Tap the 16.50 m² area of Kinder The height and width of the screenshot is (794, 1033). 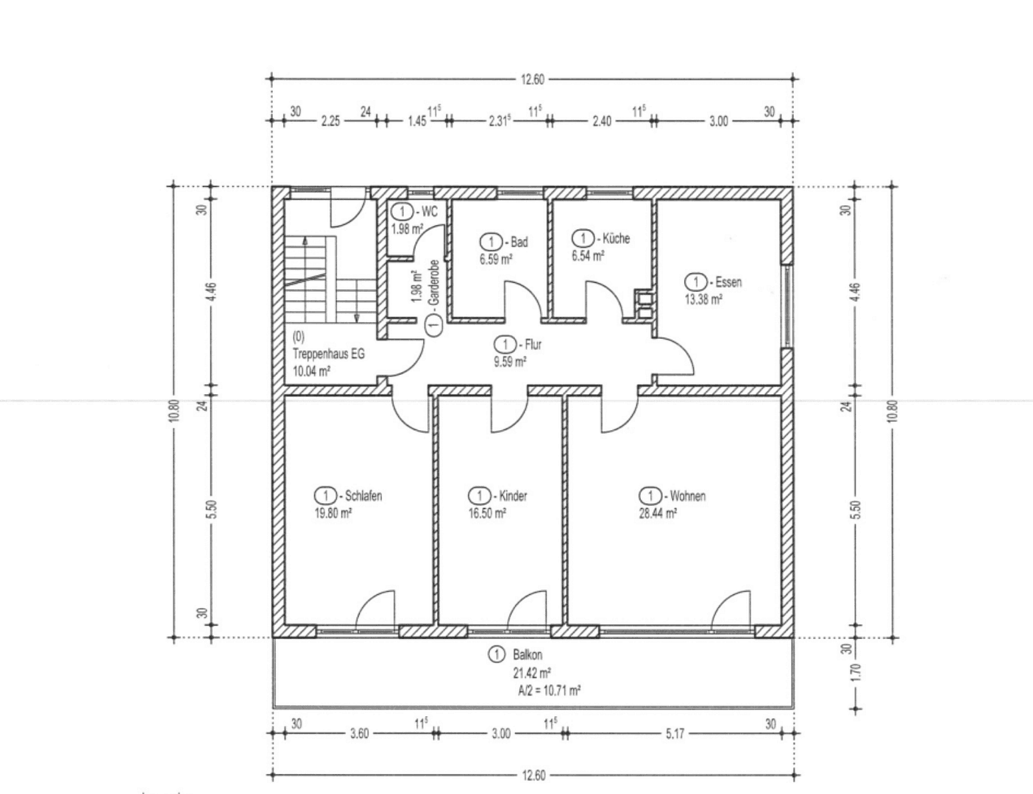tap(487, 514)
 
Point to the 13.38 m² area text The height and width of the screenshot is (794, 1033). tap(703, 299)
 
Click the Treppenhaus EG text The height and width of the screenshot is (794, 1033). tap(328, 354)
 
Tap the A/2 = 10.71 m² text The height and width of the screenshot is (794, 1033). tap(549, 690)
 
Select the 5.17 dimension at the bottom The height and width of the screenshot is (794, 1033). tap(675, 733)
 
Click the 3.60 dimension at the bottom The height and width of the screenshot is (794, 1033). tap(359, 733)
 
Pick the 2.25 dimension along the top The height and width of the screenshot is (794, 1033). tap(330, 121)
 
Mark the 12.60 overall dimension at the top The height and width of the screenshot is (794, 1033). tap(532, 79)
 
